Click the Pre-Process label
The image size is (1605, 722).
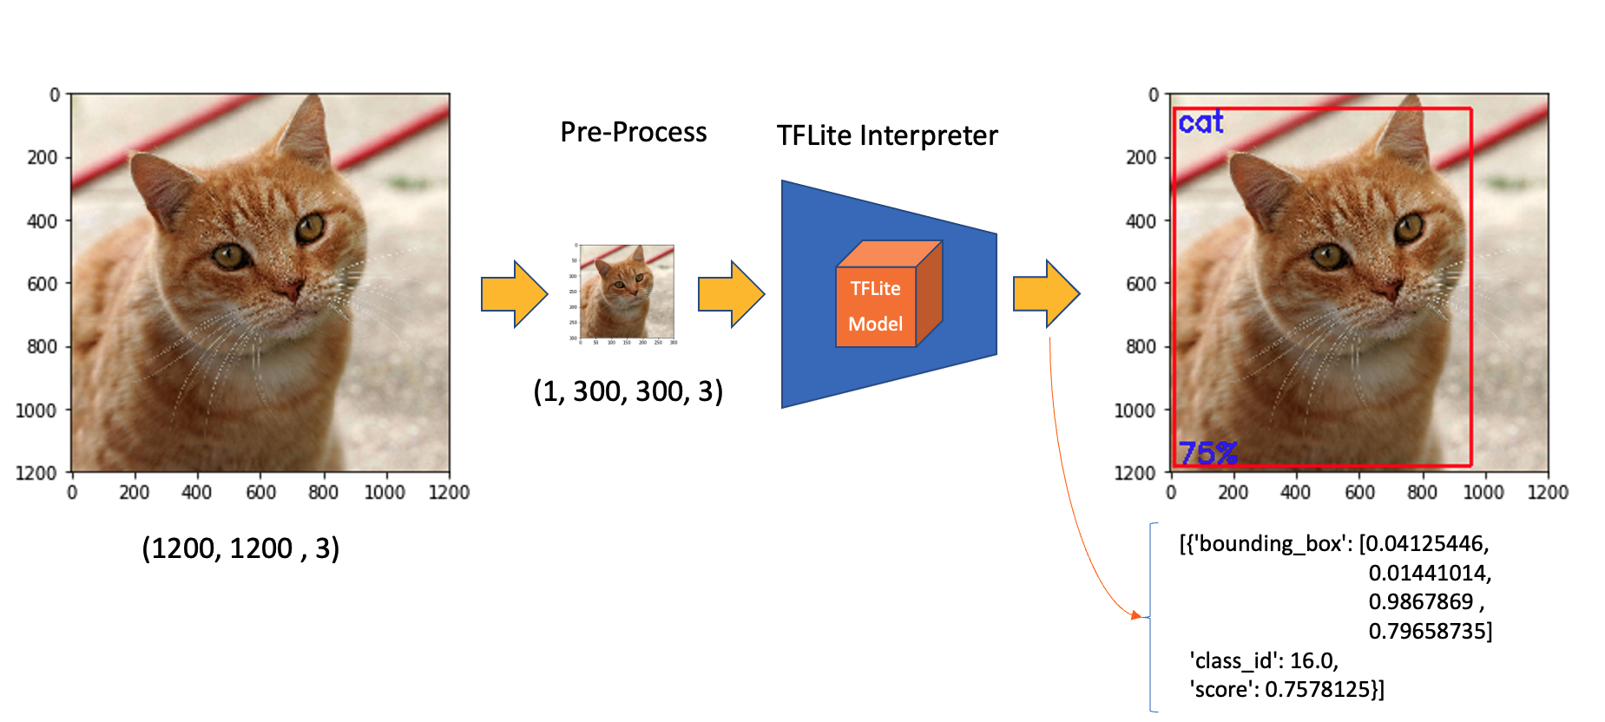click(x=633, y=132)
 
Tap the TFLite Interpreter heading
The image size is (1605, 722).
click(x=886, y=135)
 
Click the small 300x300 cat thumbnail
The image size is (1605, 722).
click(x=627, y=292)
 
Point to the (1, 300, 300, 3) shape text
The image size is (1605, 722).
click(x=628, y=391)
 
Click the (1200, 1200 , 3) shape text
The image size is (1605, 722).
click(x=240, y=548)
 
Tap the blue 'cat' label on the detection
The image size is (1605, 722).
click(x=1200, y=122)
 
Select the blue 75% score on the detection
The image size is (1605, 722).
click(x=1207, y=452)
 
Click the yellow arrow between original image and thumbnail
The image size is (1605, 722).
click(x=514, y=294)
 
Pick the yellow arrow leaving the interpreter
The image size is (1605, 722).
click(x=1046, y=294)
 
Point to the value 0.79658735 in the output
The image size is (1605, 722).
click(x=1430, y=631)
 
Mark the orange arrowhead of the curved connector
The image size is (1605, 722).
click(x=1136, y=615)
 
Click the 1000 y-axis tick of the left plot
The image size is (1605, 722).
click(x=36, y=410)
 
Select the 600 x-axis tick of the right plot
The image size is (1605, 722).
click(x=1359, y=493)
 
